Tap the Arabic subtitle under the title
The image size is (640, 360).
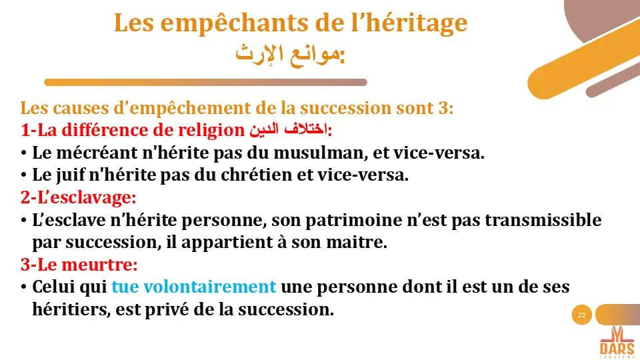[291, 54]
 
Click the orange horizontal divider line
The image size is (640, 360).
[205, 82]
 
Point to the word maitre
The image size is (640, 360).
[364, 243]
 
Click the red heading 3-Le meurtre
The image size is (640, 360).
[79, 265]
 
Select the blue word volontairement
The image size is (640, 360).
[210, 287]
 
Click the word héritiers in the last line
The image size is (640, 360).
[70, 310]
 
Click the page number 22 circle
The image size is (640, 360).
[582, 315]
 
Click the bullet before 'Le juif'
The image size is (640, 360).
[24, 175]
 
